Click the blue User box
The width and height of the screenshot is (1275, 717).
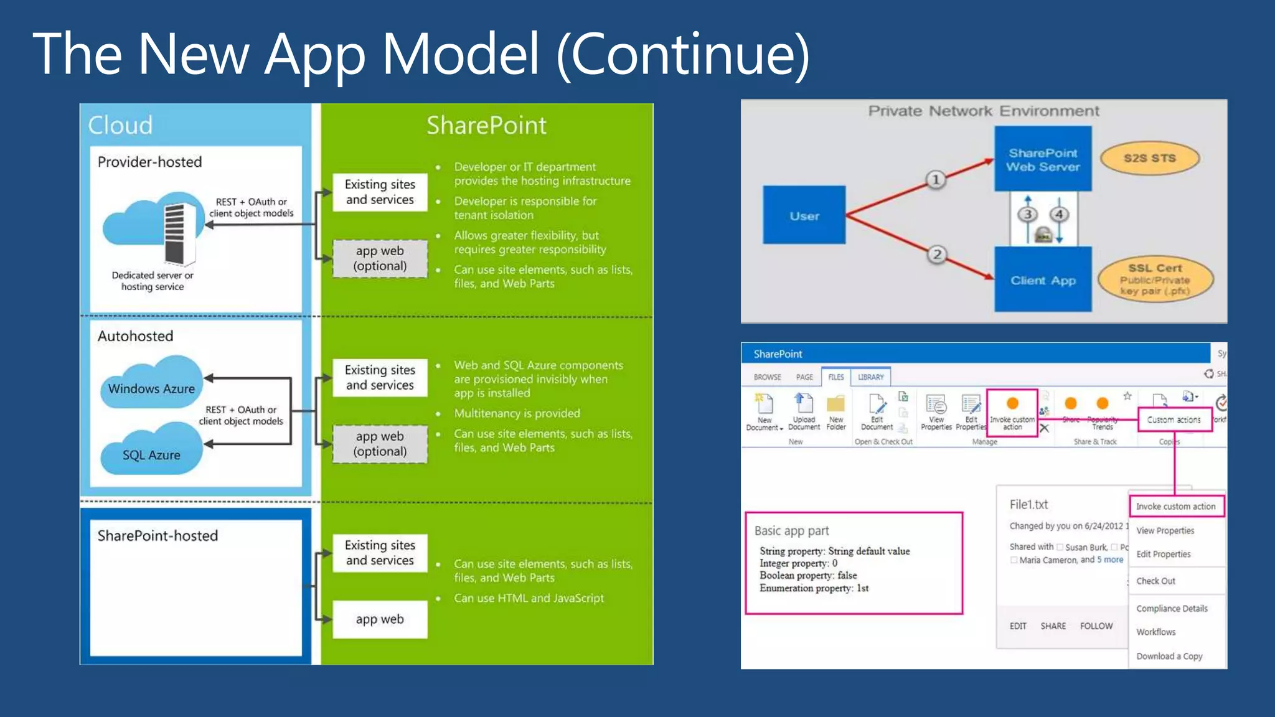coord(804,215)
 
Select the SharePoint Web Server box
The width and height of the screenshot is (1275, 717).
coord(1043,159)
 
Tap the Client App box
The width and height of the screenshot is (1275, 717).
coord(1043,280)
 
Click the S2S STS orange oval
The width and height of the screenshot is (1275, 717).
coord(1149,158)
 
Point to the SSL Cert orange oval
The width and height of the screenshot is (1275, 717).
coord(1155,279)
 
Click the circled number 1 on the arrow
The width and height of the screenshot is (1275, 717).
coord(935,180)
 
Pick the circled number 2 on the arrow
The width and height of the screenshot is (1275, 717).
coord(936,254)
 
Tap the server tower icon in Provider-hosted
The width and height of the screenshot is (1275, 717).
coord(175,233)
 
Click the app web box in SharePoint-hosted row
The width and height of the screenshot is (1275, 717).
coord(380,619)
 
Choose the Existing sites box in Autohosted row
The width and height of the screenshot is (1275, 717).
coord(380,377)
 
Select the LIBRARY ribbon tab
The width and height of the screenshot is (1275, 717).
coord(870,377)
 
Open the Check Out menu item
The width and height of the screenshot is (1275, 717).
coord(1155,581)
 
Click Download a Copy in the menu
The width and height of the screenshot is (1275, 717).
coord(1169,656)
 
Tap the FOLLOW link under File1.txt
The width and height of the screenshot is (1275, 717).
coord(1096,626)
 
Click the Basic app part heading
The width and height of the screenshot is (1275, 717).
coord(791,531)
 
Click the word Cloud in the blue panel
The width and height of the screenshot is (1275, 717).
coord(120,125)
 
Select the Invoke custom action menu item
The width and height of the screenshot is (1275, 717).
coord(1175,507)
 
